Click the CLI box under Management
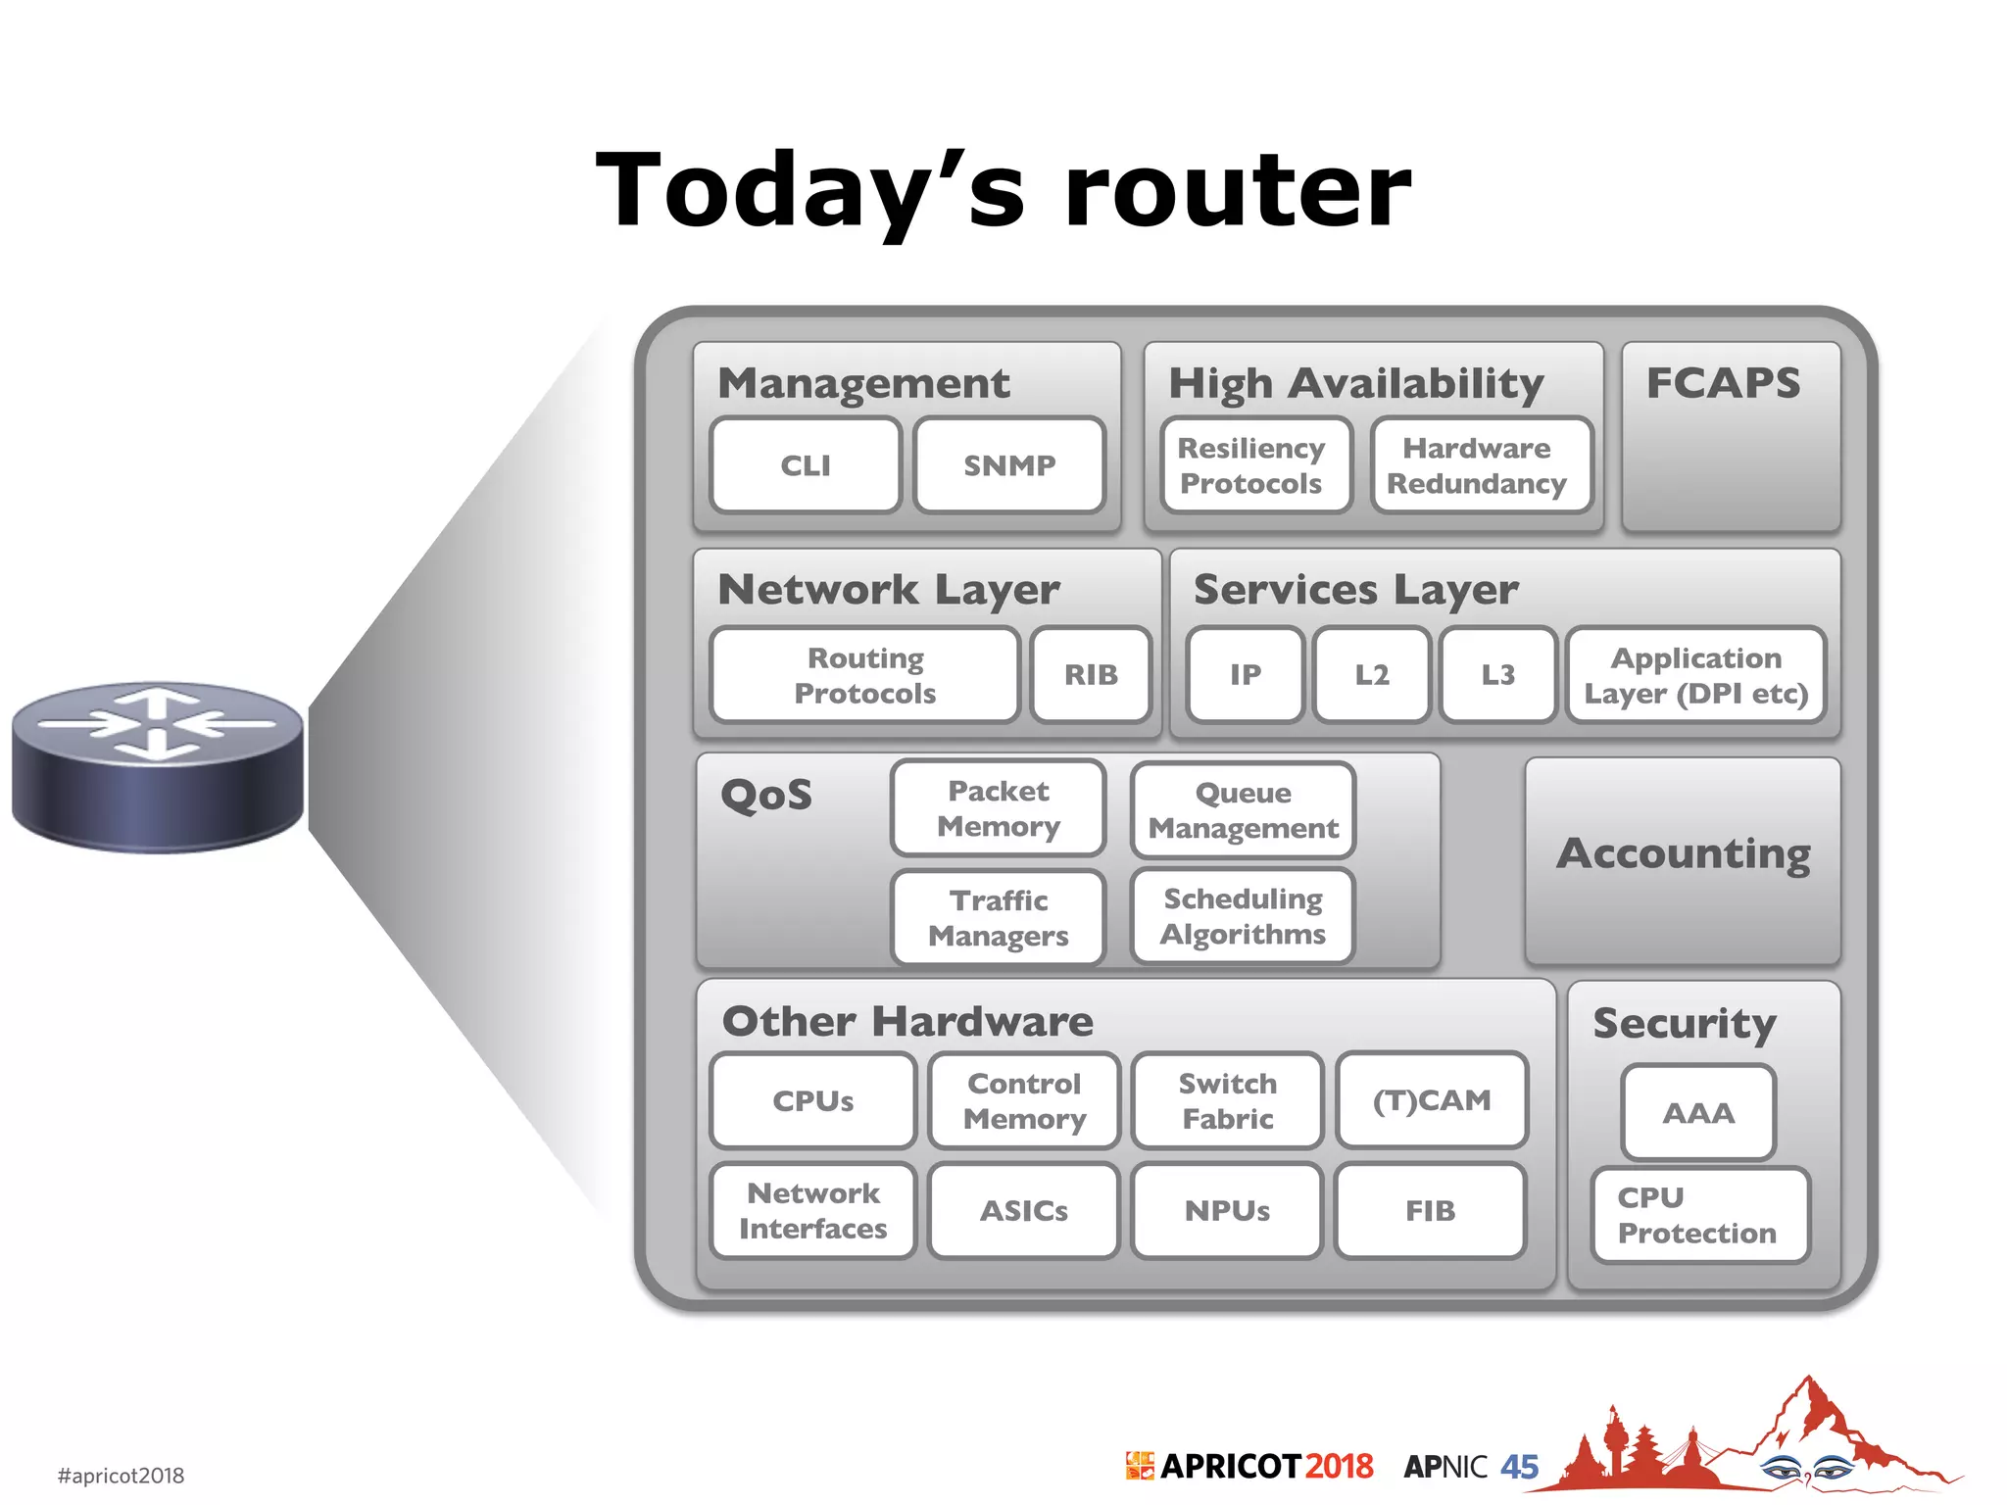coord(806,465)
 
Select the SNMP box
coord(1009,465)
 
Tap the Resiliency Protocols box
coord(1251,465)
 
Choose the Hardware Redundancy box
coord(1477,465)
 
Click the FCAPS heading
coord(1724,383)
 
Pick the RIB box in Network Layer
coord(1091,675)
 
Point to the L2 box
coord(1372,675)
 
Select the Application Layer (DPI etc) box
coord(1696,675)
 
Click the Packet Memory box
coord(999,808)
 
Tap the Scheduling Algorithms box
coord(1243,916)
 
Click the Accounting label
coord(1684,853)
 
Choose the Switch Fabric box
coord(1228,1100)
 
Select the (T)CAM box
coord(1432,1100)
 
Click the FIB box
coord(1430,1211)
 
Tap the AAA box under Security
coord(1698,1113)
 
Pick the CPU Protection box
coord(1698,1215)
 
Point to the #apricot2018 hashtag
coord(121,1476)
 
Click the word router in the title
coord(1237,191)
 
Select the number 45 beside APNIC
coord(1519,1467)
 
